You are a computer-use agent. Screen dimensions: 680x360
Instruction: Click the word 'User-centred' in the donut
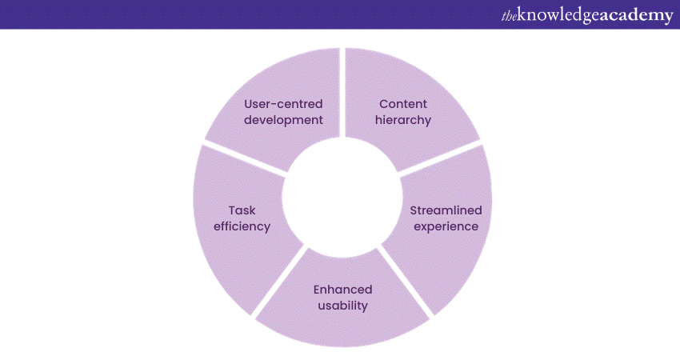pos(283,104)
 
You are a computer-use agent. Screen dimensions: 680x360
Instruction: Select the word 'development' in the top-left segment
pos(283,120)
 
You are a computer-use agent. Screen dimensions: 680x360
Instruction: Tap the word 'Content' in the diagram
pos(403,104)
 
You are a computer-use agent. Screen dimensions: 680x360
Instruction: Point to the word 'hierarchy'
pos(403,120)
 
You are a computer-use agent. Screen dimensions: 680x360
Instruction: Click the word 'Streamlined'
pos(446,210)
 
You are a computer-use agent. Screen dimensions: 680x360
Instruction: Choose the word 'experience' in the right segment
pos(446,227)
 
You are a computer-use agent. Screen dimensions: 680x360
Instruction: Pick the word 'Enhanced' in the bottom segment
pos(342,290)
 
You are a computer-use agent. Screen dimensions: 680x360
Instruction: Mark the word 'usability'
pos(342,306)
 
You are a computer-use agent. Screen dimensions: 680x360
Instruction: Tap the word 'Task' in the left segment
pos(242,210)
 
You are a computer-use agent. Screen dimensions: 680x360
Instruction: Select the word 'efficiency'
pos(242,226)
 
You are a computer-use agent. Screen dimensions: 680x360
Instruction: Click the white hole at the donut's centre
pos(342,198)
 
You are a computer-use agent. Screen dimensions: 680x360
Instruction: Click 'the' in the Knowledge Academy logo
pos(509,16)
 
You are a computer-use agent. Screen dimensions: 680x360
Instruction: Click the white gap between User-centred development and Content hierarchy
pos(342,92)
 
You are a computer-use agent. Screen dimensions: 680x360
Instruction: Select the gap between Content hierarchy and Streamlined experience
pos(440,158)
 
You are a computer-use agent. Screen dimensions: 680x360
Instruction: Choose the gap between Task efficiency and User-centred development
pos(245,158)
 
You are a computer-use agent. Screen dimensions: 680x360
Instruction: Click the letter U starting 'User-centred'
pos(248,104)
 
